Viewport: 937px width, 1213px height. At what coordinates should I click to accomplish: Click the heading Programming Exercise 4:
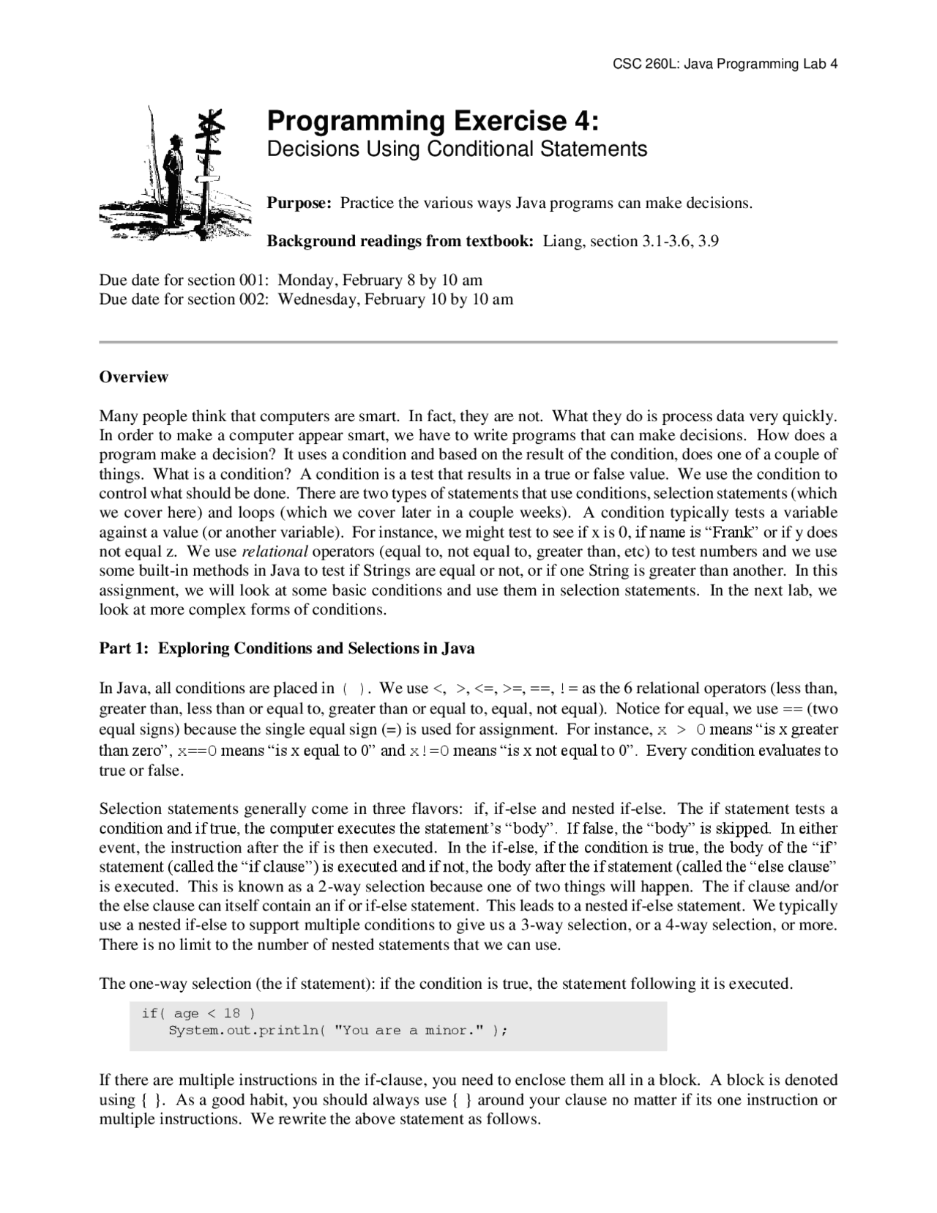433,120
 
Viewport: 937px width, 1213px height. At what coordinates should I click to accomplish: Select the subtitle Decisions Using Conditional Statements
457,149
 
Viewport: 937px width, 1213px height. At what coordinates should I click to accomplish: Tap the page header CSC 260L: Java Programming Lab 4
725,64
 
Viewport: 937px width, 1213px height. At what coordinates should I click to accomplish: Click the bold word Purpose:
299,203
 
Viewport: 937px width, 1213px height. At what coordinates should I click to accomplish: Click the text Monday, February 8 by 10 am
380,280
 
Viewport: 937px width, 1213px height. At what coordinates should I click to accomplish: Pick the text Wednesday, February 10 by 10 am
395,299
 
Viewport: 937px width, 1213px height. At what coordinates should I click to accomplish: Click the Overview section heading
134,377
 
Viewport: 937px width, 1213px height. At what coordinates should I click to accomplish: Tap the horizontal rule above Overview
468,342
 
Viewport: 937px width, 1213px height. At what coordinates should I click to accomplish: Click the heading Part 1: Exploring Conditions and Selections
287,648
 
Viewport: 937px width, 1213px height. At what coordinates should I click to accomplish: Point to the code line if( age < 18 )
198,1013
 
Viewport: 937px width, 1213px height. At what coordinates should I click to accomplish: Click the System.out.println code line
337,1031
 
